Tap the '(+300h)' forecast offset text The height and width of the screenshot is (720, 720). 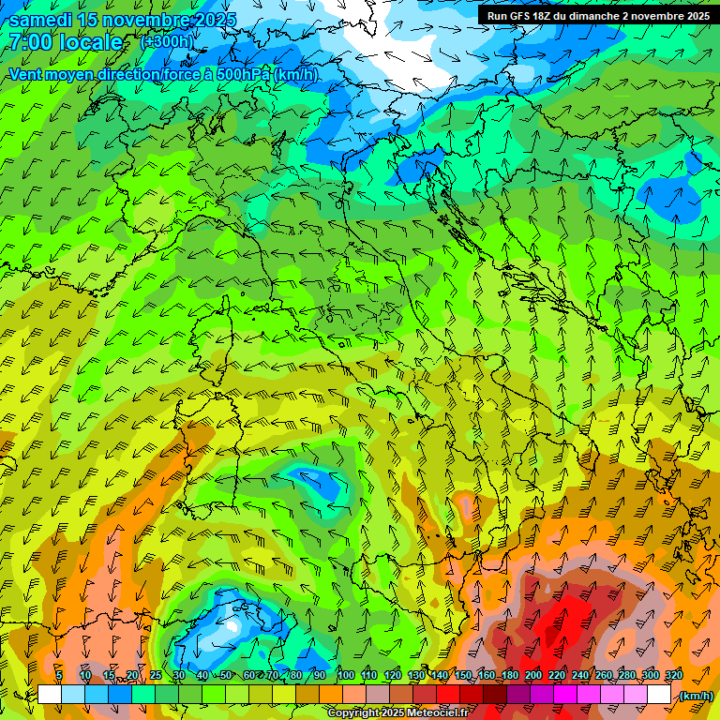[x=168, y=41]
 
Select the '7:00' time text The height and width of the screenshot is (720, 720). [x=30, y=42]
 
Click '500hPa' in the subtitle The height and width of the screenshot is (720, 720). [x=245, y=75]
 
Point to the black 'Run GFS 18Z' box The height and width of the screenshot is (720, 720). [x=596, y=15]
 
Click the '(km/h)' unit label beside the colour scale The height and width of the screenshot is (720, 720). [x=695, y=696]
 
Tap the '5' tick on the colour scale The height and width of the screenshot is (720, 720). [x=59, y=675]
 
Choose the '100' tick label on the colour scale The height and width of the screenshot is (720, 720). [x=345, y=675]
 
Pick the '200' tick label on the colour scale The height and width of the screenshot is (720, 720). [x=532, y=675]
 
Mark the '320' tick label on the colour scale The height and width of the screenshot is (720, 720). [x=673, y=675]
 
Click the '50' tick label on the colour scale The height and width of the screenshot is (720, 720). [x=226, y=675]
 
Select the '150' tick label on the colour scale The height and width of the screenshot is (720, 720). [x=463, y=675]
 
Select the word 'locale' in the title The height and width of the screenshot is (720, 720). [x=90, y=42]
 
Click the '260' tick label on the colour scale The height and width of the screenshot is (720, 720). [x=603, y=675]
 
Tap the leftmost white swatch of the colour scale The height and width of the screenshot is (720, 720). [x=49, y=695]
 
